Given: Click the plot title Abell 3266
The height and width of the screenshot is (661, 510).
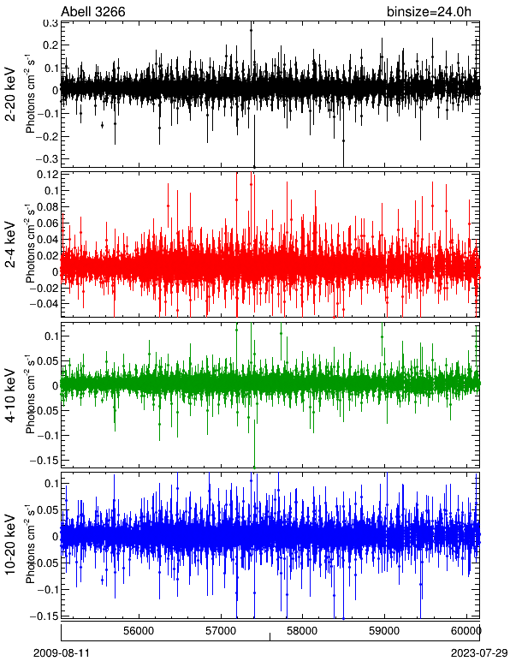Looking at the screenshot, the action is pos(93,11).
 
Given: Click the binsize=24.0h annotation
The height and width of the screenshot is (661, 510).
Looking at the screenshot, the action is pos(429,12).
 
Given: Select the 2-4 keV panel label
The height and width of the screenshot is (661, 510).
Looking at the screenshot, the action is pos(10,244).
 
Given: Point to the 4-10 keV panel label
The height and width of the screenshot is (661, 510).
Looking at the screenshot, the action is pos(10,395).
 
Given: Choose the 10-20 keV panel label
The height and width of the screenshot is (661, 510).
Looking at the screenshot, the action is pos(10,545).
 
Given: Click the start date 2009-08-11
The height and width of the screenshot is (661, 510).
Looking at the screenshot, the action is pos(62,653).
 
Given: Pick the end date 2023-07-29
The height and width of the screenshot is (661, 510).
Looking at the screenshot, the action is pos(479,653).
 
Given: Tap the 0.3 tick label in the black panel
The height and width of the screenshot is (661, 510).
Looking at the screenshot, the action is pos(50,23).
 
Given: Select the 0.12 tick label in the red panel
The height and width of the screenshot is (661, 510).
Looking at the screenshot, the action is pos(48,175).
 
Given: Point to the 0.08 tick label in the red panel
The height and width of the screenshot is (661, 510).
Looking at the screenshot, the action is pos(48,207).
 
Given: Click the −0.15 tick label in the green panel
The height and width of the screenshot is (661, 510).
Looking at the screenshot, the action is pos(44,460).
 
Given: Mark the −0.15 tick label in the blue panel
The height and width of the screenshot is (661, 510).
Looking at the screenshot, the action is pos(44,616).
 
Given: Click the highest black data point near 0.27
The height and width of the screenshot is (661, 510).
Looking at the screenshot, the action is pos(251,30).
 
